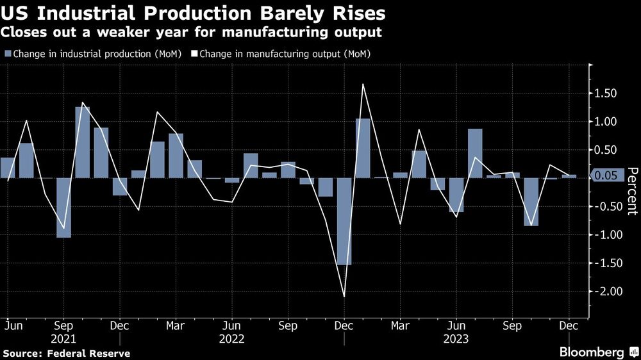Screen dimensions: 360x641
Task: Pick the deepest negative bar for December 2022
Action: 344,221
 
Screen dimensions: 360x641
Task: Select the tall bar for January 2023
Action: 363,148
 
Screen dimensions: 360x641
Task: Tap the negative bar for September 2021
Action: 63,208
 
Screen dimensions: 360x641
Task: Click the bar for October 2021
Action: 82,142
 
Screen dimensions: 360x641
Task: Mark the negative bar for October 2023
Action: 531,202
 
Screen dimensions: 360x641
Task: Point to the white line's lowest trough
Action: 344,297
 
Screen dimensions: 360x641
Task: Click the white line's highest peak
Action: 363,84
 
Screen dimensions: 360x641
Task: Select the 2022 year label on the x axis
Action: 231,338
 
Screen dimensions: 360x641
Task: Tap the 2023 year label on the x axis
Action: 456,338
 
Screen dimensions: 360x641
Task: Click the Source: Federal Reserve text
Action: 67,353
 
